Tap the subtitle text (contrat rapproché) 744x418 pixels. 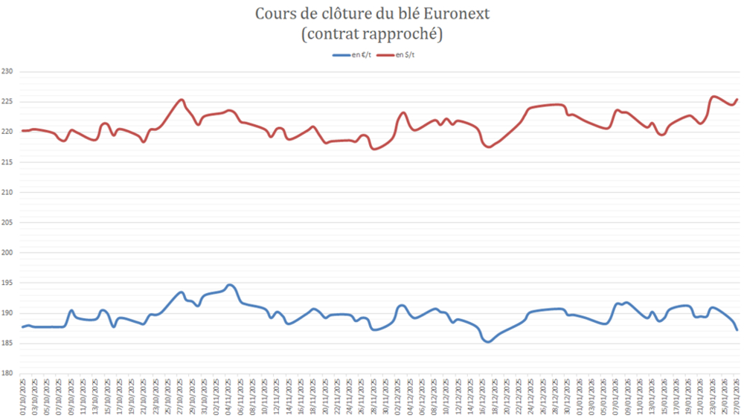[372, 34]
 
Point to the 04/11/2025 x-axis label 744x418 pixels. [228, 394]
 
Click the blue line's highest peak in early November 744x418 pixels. [230, 285]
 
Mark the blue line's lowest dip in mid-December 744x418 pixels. [487, 342]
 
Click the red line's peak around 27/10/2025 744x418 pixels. [181, 100]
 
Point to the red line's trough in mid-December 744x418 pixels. [489, 147]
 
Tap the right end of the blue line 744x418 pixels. [737, 329]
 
